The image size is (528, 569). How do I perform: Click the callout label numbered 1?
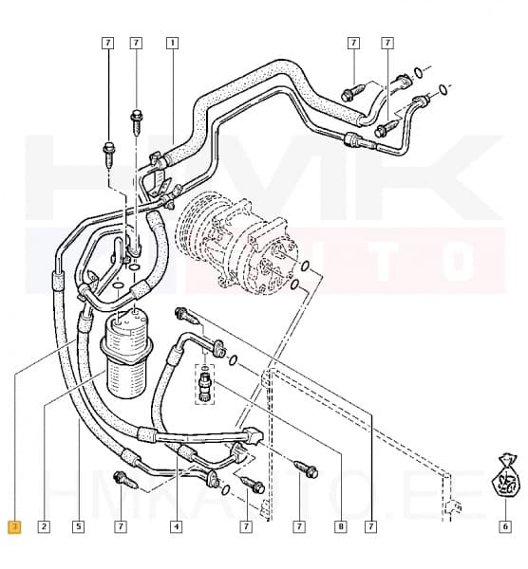point(172,43)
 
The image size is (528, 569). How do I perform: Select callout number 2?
point(44,526)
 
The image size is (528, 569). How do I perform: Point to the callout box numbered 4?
point(177,526)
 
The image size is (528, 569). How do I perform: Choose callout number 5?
point(78,526)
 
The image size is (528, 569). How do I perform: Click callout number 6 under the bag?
point(505,526)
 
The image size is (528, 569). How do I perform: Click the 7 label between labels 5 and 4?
point(121,526)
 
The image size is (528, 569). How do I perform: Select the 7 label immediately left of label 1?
point(136,43)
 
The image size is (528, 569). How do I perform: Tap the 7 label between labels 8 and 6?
point(368,526)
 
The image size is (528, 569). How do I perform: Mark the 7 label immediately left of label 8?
point(298,526)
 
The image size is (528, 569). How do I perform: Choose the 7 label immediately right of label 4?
point(245,526)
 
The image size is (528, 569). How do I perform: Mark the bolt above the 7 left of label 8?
point(306,468)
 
